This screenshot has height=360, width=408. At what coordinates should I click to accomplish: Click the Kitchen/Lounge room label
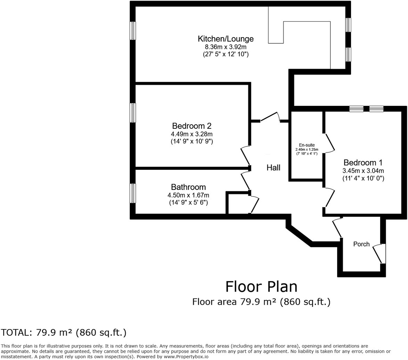coord(226,39)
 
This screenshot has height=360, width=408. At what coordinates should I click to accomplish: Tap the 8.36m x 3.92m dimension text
coord(226,47)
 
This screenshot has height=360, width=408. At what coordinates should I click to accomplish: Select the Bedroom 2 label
coord(191,126)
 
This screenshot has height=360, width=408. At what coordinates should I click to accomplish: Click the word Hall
coord(273,168)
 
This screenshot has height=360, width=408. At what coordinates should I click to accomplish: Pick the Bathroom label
coord(188,187)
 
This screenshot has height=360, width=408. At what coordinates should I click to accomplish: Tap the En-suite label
coord(307,145)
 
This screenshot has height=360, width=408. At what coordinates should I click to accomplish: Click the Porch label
coord(361,244)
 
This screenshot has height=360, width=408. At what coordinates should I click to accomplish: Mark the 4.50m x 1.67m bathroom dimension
coord(188,195)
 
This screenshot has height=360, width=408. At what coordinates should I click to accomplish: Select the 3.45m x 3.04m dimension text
coord(363,171)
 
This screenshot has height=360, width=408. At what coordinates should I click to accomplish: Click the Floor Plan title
coord(261,287)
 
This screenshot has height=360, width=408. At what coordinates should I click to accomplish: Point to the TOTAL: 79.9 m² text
coord(64,333)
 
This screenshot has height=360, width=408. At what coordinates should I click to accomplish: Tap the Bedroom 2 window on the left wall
coord(133,112)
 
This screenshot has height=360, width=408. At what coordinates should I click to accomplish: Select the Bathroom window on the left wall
coord(133,193)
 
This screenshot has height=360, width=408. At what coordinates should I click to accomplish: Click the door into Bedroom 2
coord(245,156)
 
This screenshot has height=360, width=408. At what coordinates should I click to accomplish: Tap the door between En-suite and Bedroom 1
coord(329,142)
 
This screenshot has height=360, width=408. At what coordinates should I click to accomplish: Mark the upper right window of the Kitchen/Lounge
coord(348,25)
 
